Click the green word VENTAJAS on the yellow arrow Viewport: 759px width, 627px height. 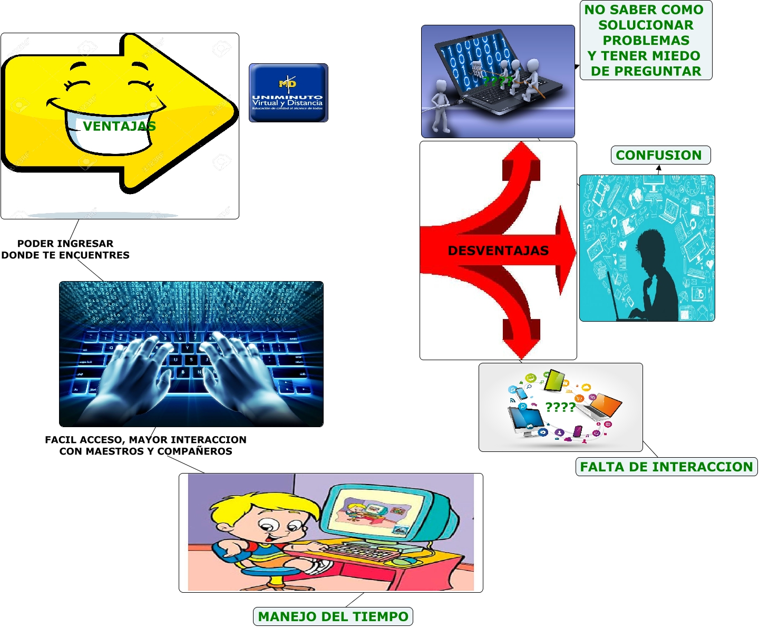tap(119, 126)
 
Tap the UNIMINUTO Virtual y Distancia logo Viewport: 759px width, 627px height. tap(288, 93)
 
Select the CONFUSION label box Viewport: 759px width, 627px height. tap(660, 156)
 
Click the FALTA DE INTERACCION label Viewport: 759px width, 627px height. tap(666, 467)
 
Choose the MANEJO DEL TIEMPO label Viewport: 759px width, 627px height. tap(333, 616)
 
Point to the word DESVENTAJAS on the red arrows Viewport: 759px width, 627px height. tap(498, 250)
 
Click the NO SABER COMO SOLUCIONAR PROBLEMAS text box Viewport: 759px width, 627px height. tap(646, 41)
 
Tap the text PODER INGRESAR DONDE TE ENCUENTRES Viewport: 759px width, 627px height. tap(65, 249)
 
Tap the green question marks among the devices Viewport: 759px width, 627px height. tap(560, 407)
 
